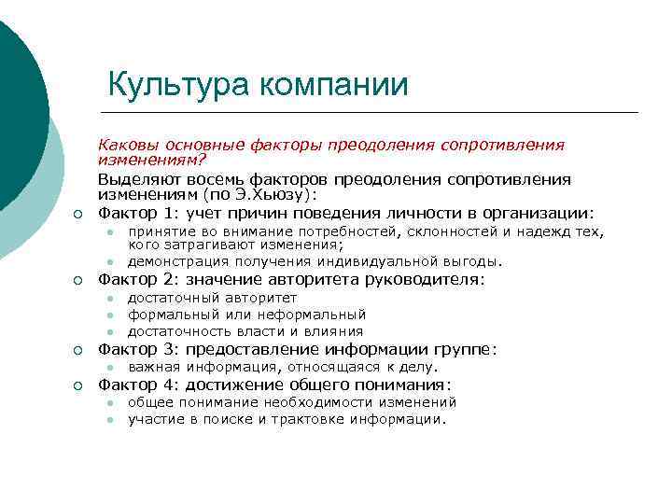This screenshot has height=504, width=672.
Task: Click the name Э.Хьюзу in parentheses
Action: point(275,195)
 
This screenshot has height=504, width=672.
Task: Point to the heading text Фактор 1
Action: point(129,212)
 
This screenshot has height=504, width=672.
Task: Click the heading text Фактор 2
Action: point(129,279)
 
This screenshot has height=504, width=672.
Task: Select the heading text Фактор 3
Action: point(129,350)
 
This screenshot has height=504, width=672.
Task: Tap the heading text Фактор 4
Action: point(129,385)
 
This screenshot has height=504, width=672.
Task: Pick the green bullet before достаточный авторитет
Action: point(109,299)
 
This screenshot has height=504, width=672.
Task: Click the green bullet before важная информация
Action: point(109,368)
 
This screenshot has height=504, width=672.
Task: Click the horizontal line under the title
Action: point(373,112)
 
